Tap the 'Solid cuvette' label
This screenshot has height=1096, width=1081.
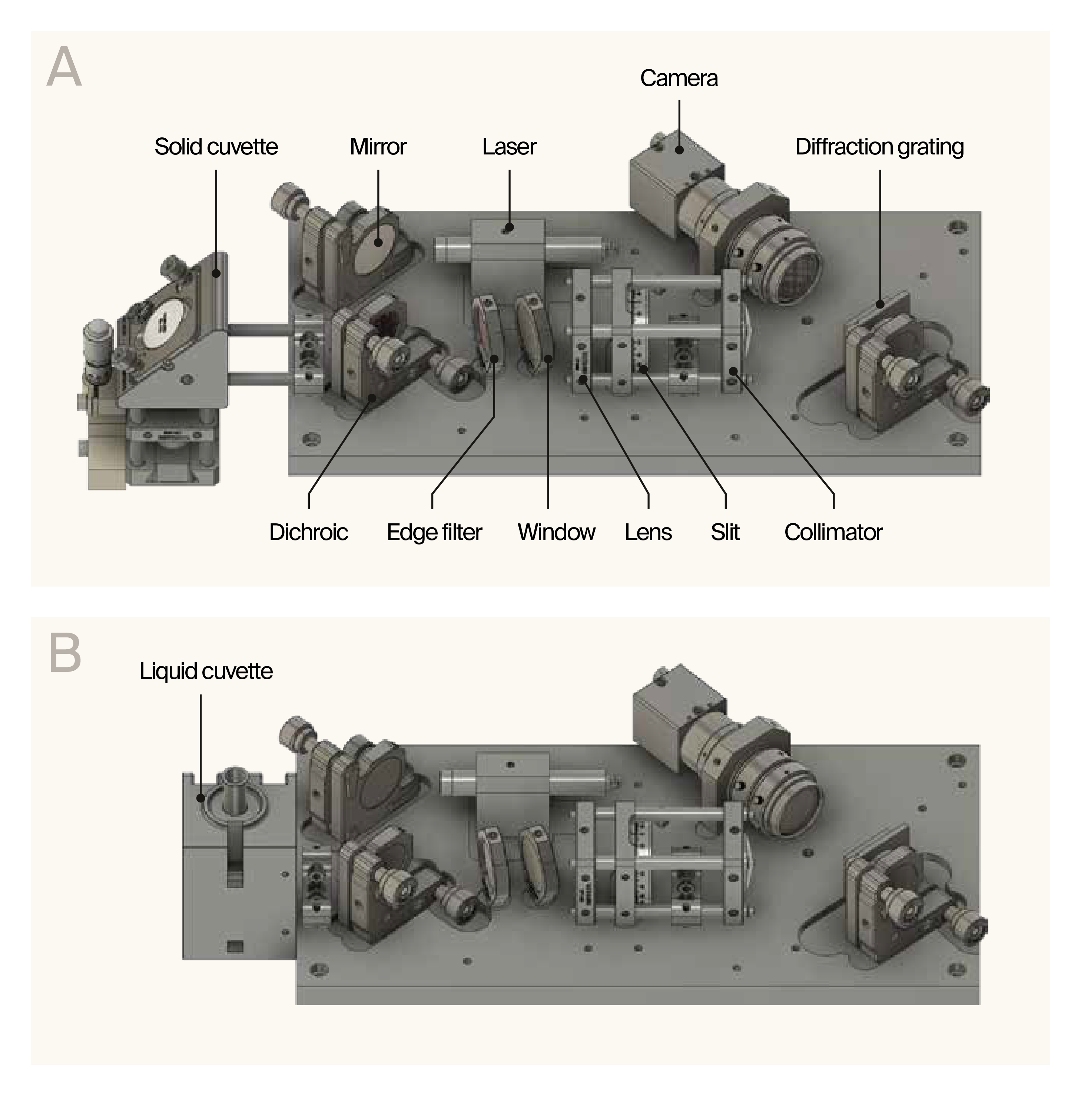[x=216, y=147]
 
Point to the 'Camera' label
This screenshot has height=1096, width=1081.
[x=678, y=78]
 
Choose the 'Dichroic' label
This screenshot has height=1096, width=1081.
[x=308, y=532]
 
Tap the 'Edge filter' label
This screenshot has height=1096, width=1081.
[x=434, y=532]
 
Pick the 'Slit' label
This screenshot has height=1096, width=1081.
[x=724, y=532]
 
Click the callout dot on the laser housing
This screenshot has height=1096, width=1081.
[x=509, y=228]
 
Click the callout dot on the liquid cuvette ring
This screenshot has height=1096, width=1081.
[x=200, y=798]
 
